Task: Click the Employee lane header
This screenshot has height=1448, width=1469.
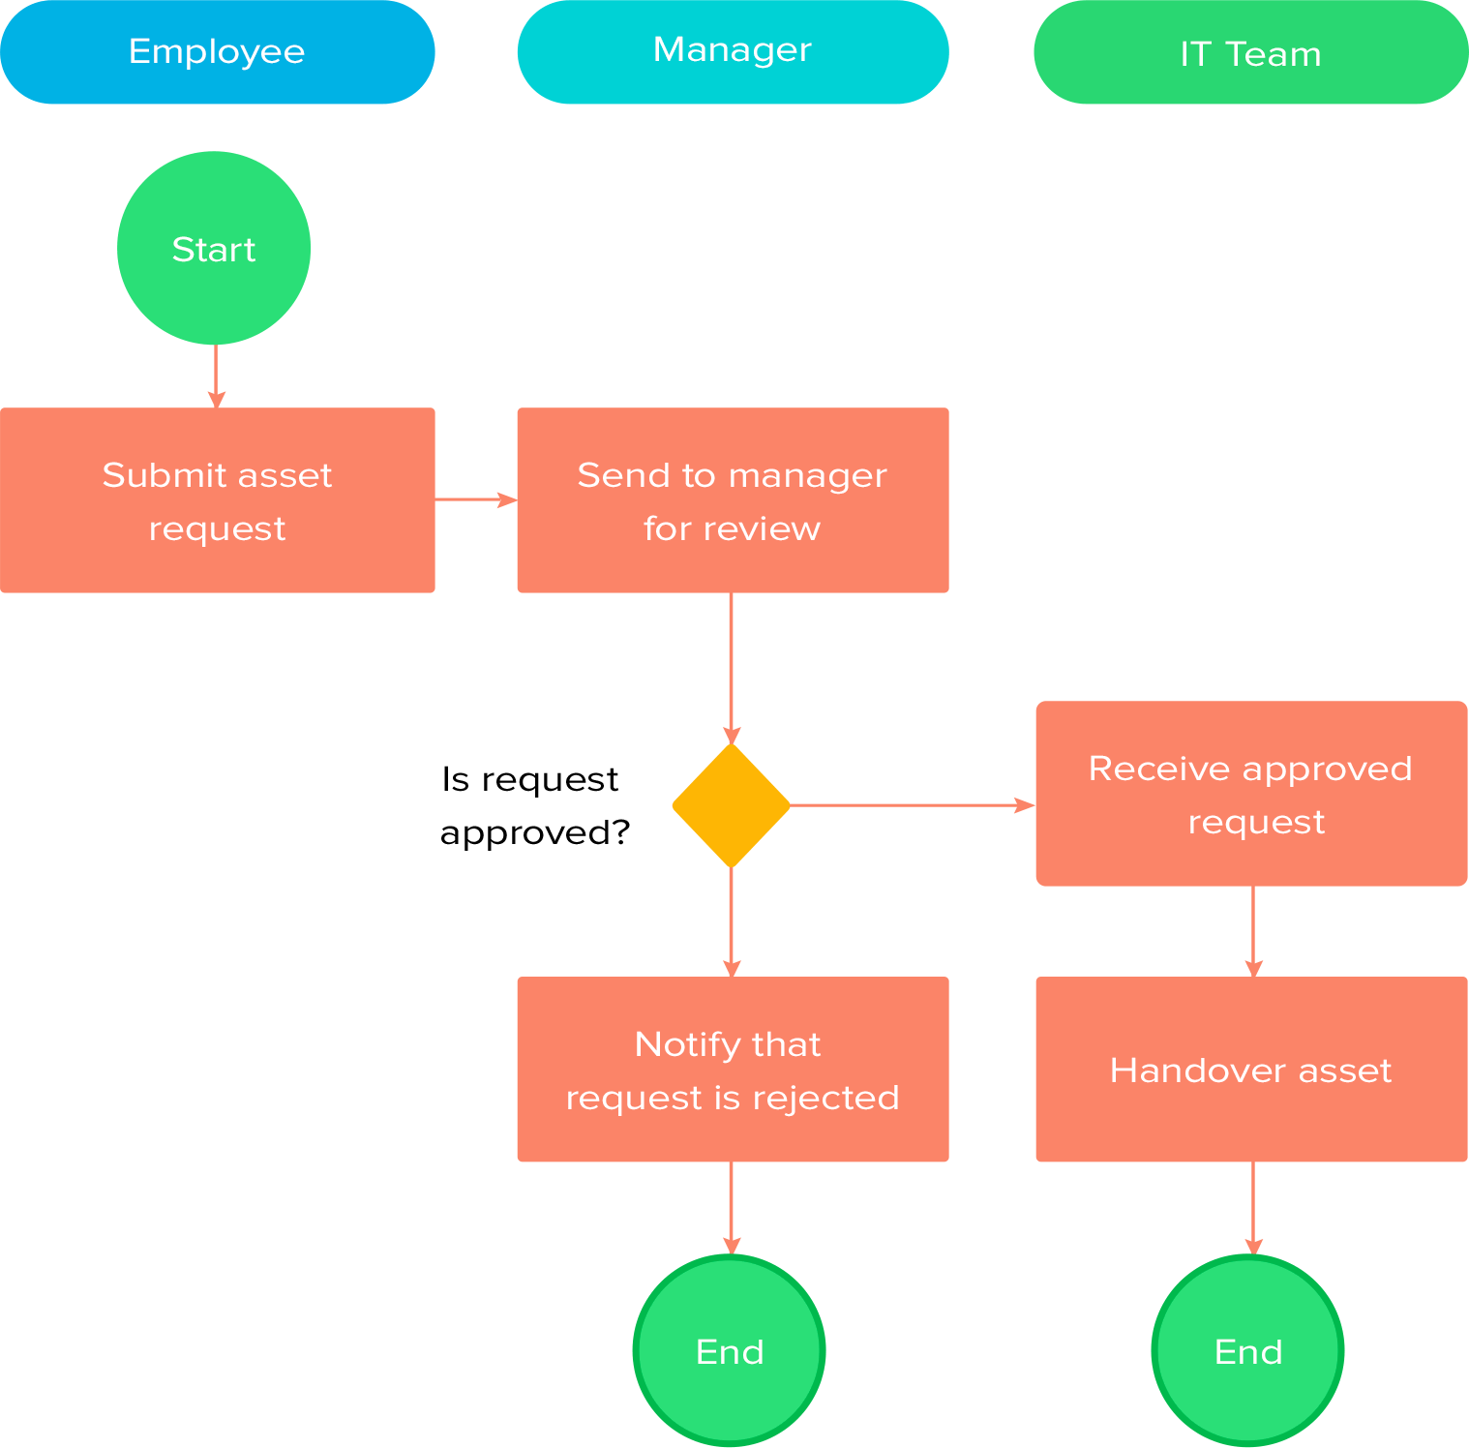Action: tap(217, 52)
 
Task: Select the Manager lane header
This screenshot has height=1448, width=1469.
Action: tap(733, 52)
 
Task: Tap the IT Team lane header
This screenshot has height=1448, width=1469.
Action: tap(1250, 52)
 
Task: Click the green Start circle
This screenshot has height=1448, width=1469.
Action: tap(214, 248)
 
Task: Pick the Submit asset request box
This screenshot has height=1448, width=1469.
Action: tap(217, 500)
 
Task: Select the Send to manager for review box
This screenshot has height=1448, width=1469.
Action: tap(733, 500)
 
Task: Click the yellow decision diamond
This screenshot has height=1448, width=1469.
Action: tap(732, 805)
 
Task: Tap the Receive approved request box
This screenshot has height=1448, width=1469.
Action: tap(1251, 794)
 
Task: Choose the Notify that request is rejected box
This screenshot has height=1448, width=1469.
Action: tap(733, 1070)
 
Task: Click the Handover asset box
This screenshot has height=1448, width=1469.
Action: tap(1251, 1070)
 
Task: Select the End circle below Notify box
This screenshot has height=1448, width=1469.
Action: tap(730, 1350)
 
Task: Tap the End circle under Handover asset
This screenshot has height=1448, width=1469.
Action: tap(1248, 1350)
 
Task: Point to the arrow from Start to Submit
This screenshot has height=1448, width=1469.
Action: tap(216, 376)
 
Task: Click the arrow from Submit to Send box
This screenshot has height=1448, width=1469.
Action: tap(475, 499)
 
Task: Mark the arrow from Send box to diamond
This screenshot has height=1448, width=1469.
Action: tap(732, 668)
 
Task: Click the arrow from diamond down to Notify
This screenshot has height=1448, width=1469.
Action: tap(732, 921)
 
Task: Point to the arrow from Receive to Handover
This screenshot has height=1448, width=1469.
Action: tap(1253, 931)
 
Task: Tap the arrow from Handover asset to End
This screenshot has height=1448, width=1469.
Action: tap(1253, 1208)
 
